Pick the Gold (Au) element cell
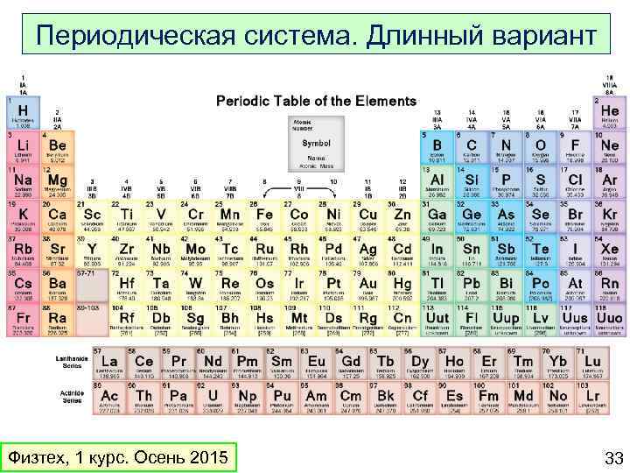point(367,286)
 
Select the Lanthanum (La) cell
point(110,364)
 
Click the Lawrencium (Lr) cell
point(592,399)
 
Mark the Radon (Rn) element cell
point(609,286)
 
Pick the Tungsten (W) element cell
point(194,286)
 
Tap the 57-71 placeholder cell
point(91,286)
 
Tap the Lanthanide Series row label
point(71,364)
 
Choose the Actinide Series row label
point(71,399)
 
